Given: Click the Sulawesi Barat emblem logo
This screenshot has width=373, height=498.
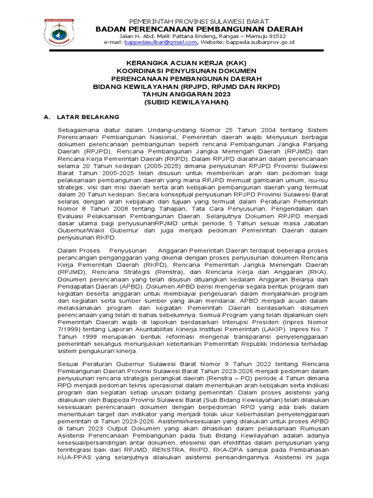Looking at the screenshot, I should click(59, 33).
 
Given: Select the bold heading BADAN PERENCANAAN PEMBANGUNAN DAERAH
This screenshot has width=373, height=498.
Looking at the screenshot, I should click(199, 29).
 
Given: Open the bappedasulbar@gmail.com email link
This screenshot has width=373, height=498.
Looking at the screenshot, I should click(161, 42).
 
